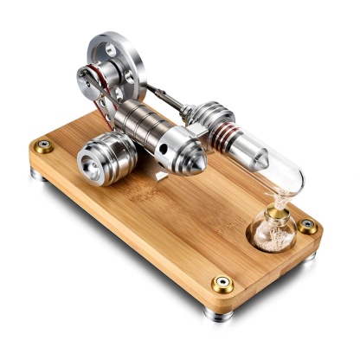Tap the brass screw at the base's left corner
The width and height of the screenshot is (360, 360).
[x=42, y=145]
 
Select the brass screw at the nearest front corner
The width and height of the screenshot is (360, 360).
[x=222, y=283]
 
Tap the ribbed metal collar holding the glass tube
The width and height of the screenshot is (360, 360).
[x=212, y=117]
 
